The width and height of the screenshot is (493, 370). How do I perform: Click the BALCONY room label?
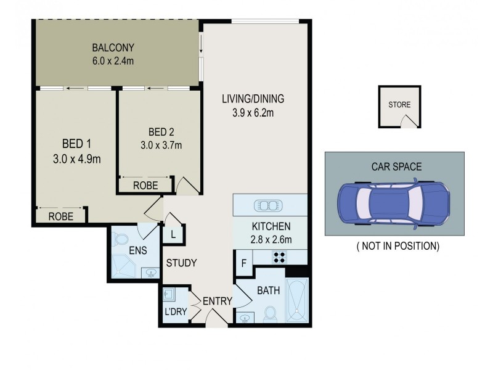pos(113,47)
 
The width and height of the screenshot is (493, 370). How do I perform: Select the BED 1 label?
pos(76,144)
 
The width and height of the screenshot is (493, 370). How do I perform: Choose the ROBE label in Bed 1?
pos(61,216)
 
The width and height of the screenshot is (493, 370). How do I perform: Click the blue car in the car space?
pos(393,204)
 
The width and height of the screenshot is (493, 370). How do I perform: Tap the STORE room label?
pos(399,105)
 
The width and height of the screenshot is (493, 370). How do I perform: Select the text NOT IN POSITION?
pos(397,246)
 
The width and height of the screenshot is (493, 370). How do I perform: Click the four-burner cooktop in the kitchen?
pos(279,257)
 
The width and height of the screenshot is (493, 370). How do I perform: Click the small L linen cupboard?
pos(173,234)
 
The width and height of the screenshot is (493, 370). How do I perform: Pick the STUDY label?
pos(181,263)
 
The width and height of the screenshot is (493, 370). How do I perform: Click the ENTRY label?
pos(216,302)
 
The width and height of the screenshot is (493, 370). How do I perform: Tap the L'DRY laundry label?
pos(174,311)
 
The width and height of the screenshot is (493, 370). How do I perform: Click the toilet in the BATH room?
pos(269,314)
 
